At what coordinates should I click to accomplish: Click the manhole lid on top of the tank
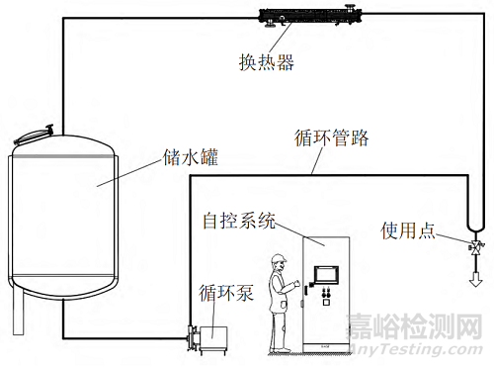(x=35, y=132)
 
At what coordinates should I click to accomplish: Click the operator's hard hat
(x=280, y=260)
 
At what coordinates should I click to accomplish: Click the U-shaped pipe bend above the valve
(x=472, y=224)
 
